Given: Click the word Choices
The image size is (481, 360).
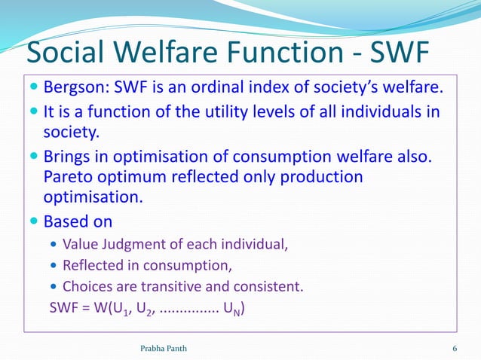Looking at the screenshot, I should coord(86,286).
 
